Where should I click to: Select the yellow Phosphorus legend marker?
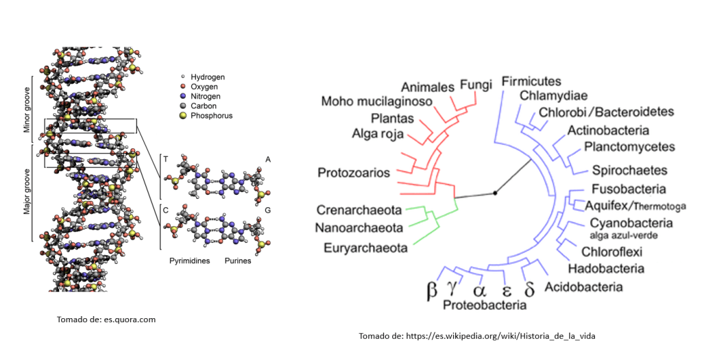(182, 116)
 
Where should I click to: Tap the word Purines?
(238, 261)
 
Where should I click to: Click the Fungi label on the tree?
(476, 85)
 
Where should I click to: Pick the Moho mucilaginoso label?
(376, 101)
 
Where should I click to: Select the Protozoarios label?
(354, 172)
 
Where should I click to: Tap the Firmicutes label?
(531, 82)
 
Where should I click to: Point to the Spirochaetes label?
(620, 169)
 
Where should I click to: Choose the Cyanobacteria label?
(631, 223)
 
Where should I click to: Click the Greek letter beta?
(432, 289)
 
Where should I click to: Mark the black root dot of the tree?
(495, 193)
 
